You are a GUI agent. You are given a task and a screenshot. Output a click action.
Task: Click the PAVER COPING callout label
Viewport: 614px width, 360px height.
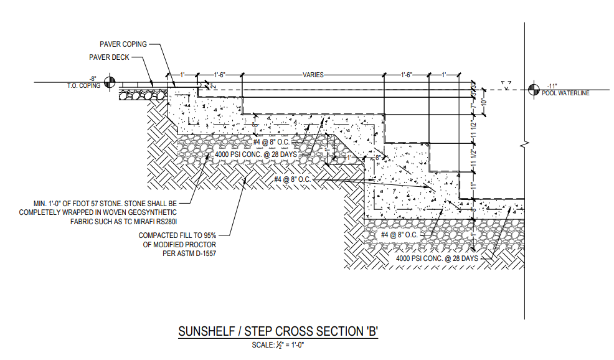pos(123,44)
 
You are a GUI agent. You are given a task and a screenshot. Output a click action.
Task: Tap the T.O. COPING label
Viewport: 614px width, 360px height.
pos(83,86)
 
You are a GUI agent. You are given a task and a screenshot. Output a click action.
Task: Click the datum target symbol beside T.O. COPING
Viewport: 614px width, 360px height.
pos(111,82)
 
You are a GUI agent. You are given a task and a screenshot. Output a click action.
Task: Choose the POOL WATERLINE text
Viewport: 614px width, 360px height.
pos(565,93)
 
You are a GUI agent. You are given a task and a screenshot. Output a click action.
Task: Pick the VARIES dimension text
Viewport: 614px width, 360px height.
pos(313,74)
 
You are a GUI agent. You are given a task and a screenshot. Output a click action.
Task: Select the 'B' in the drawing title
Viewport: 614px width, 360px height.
pos(372,331)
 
